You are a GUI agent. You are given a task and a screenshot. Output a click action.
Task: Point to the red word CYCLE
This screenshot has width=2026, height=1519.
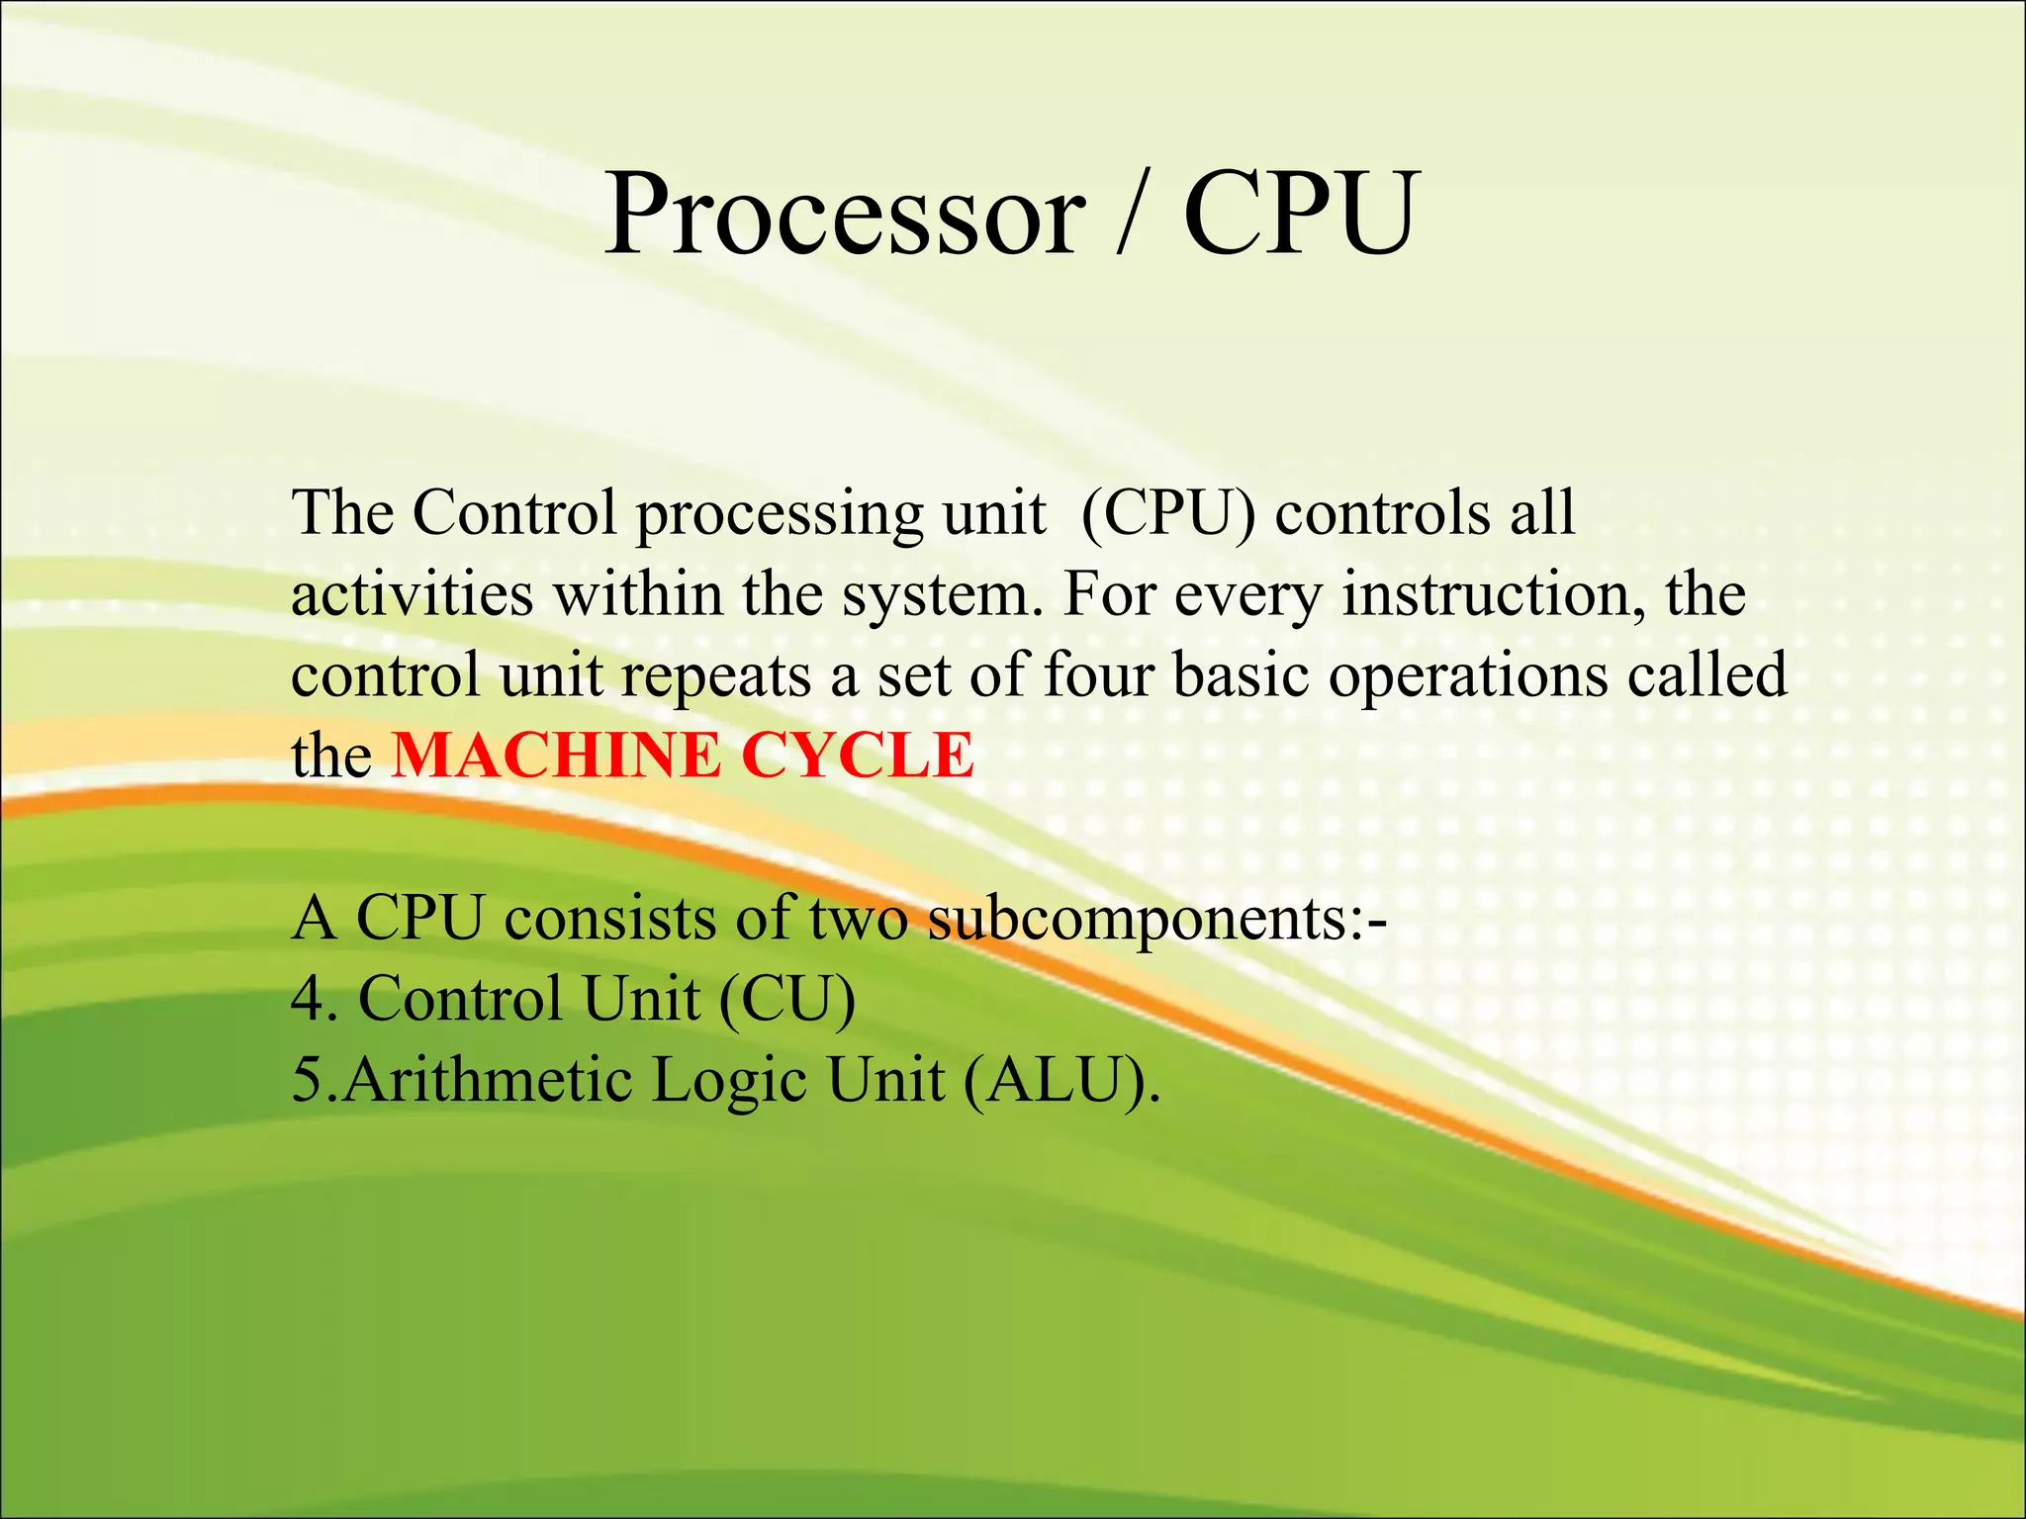pos(857,756)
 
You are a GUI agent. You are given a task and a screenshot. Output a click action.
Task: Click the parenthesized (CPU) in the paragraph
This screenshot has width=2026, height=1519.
pos(1168,513)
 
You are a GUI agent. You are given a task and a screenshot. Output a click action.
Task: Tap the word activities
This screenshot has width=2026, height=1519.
pos(412,594)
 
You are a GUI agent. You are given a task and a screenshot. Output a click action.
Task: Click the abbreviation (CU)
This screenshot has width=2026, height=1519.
pos(786,999)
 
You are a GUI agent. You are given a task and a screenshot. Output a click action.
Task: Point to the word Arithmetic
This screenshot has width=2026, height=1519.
pos(487,1080)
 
